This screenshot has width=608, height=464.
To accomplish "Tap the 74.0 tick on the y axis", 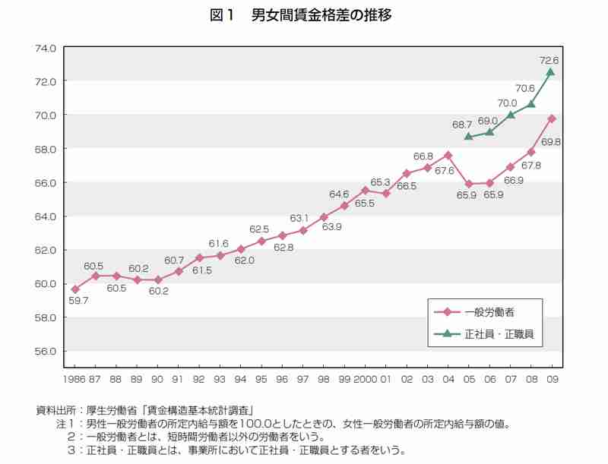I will coord(46,48).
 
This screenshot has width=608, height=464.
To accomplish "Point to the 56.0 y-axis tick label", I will coord(46,351).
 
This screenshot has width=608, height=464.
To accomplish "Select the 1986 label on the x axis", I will coord(75,377).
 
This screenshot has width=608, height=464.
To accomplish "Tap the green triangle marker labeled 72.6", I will coord(551,71).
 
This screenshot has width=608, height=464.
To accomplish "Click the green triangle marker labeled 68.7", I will coord(469,136).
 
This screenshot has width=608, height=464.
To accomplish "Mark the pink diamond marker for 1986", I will coord(75,289).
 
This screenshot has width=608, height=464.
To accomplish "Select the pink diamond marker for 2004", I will coord(448,155).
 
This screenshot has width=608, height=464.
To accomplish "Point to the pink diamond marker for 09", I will coord(551,118).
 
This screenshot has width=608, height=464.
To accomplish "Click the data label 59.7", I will coord(78,301).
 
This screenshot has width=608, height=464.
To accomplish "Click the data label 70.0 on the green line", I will coord(507,103).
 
